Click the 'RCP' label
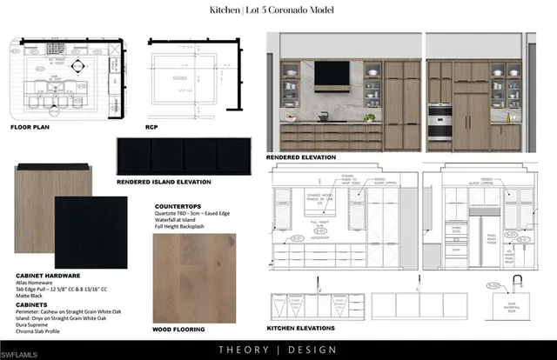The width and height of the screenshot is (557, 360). (x=153, y=126)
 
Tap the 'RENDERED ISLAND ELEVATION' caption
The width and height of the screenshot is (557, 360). (x=164, y=183)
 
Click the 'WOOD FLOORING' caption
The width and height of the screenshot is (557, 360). (x=178, y=330)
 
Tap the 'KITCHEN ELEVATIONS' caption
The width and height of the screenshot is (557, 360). (x=301, y=328)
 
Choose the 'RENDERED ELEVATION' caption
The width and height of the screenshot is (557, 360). (x=302, y=157)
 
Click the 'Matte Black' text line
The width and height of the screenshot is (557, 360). (x=30, y=297)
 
